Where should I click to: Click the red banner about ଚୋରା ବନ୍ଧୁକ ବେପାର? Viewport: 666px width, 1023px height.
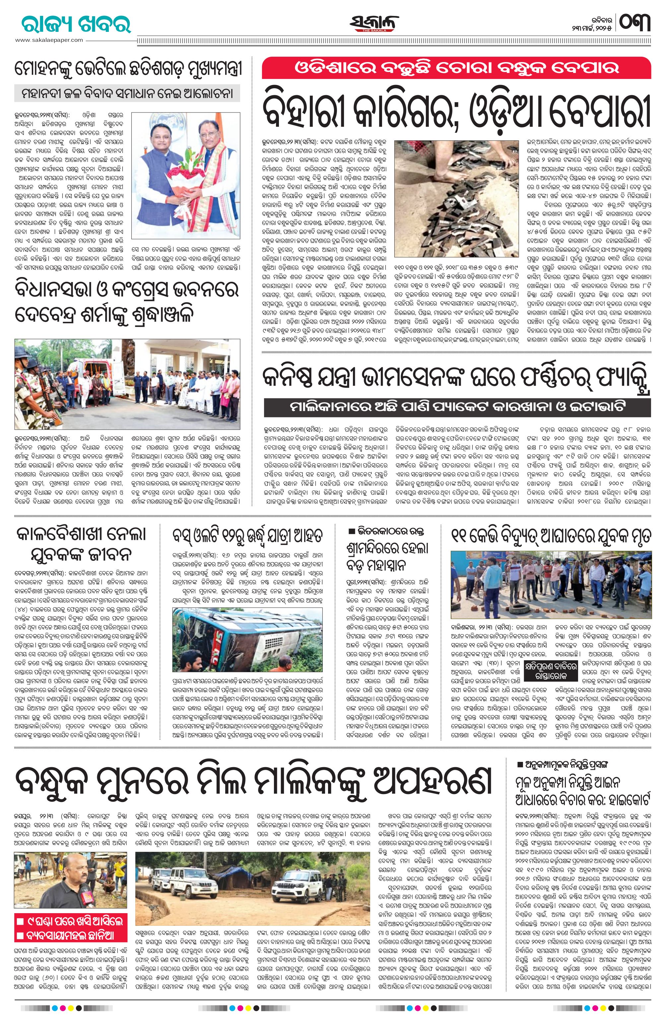pos(456,68)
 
